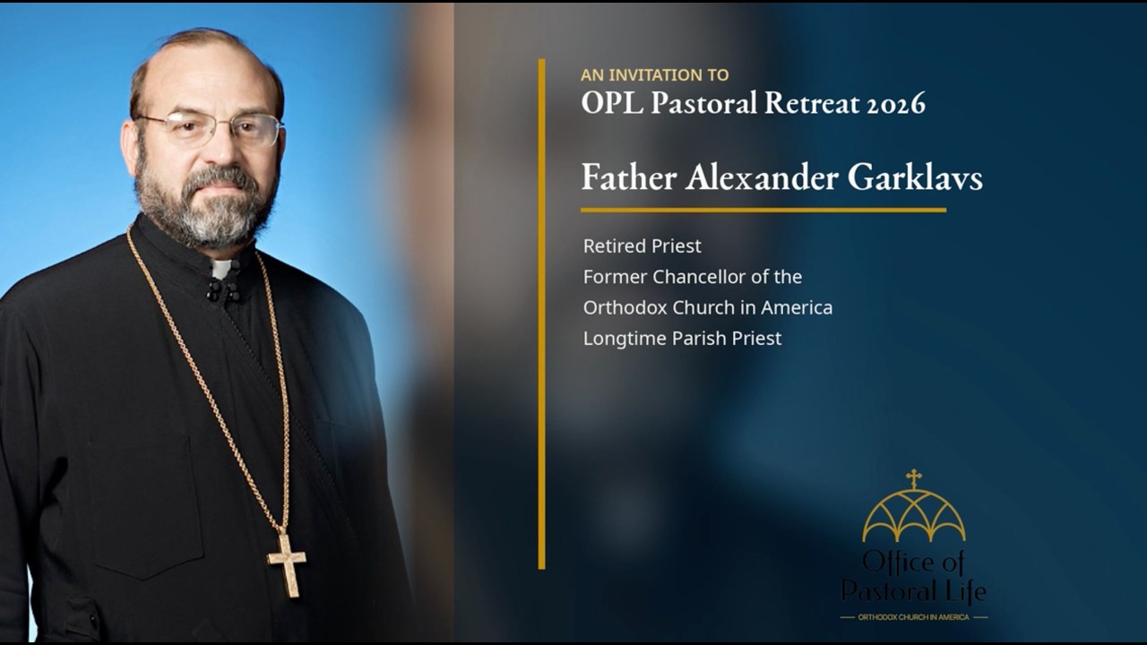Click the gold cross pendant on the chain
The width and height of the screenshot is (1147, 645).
(287, 564)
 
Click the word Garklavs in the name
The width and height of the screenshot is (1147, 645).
(915, 177)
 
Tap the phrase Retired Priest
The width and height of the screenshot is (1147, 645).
(642, 246)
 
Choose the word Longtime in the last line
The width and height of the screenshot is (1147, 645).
(625, 339)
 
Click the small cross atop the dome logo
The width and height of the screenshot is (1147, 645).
(913, 478)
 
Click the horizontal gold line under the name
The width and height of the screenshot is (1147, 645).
(763, 210)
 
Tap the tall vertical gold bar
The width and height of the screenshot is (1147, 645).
(542, 314)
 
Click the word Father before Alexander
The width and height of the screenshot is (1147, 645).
(629, 177)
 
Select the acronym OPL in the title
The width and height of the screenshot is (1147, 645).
(612, 102)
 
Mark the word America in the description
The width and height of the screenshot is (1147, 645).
(797, 307)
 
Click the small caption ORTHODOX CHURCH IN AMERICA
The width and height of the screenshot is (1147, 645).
(913, 617)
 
